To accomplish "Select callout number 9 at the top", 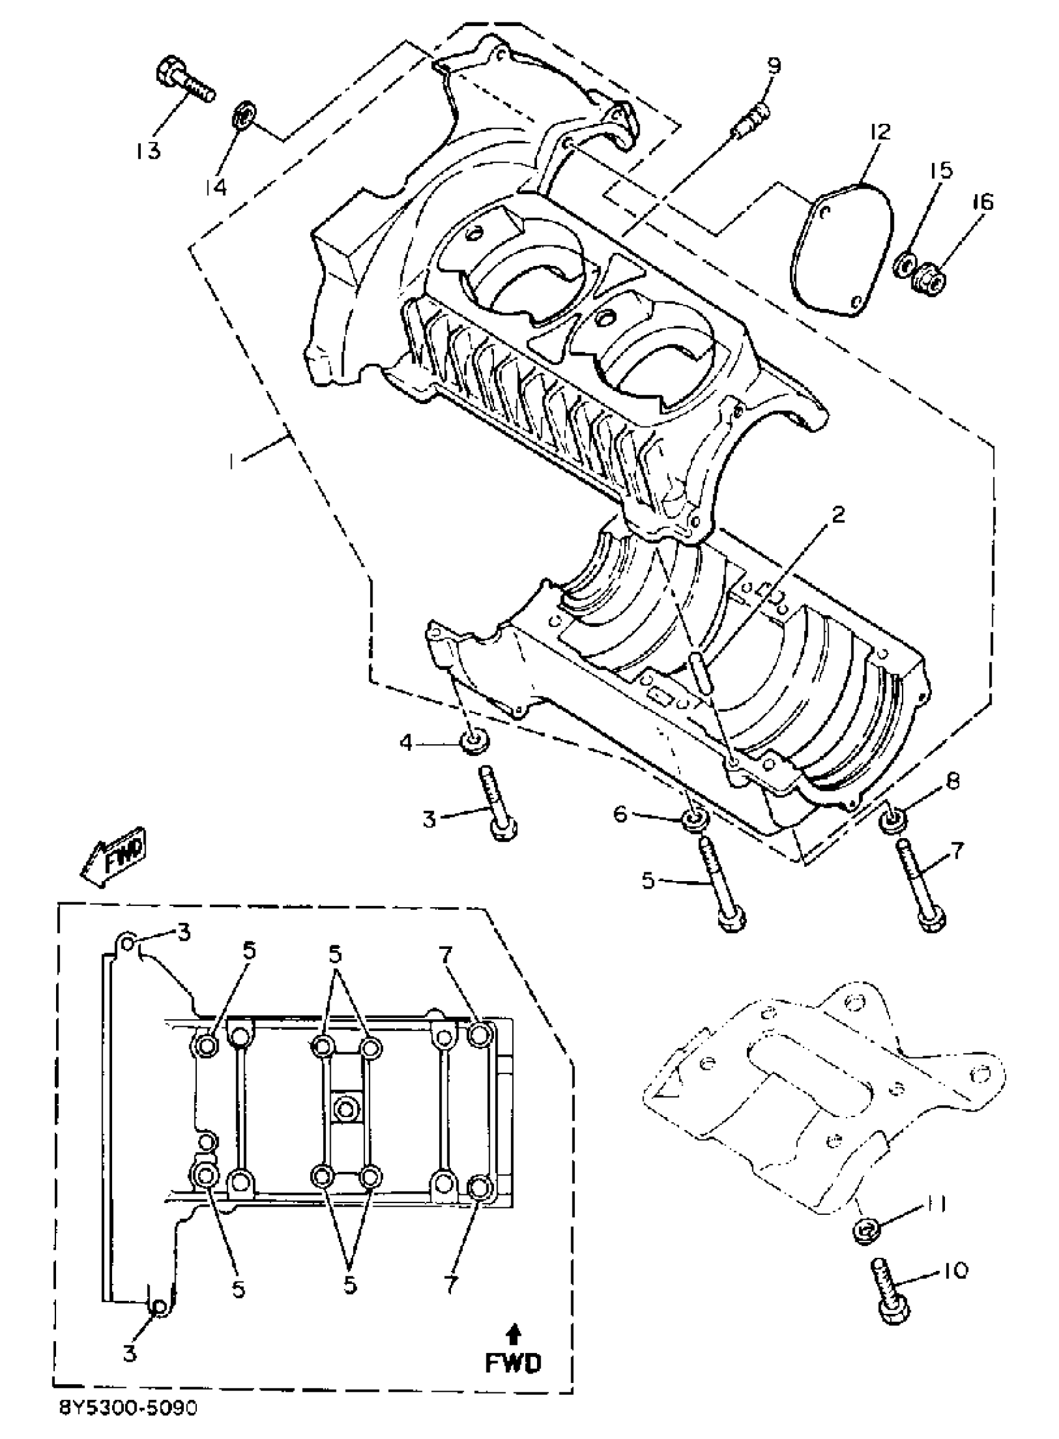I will click(x=774, y=65).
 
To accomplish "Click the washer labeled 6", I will click(x=694, y=819).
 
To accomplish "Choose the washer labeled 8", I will click(x=893, y=820).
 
